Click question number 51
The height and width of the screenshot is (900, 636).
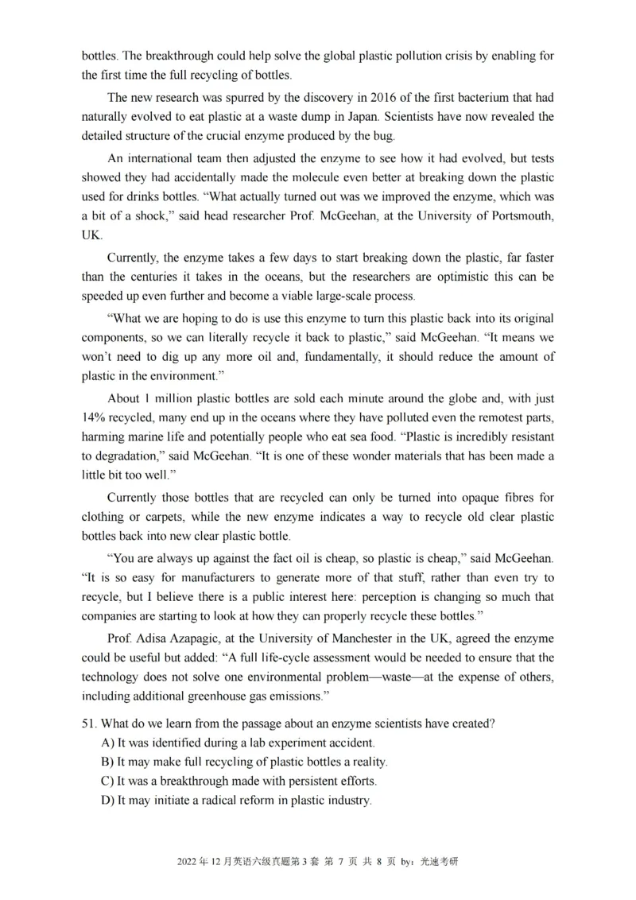pos(89,723)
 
